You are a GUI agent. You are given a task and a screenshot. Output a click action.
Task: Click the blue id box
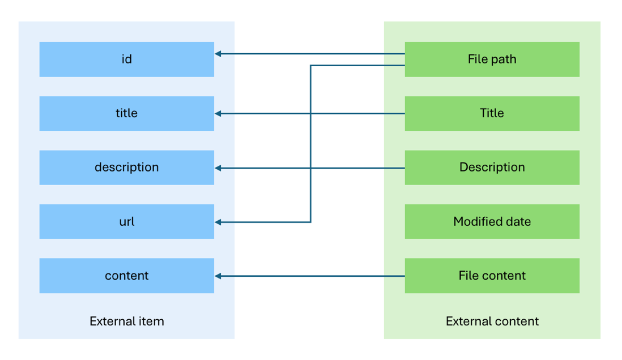pyautogui.click(x=126, y=59)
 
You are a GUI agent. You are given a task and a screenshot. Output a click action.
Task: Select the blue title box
pyautogui.click(x=126, y=113)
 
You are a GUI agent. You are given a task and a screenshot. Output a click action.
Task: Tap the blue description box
pyautogui.click(x=126, y=168)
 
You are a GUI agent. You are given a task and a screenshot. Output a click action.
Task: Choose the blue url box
pyautogui.click(x=126, y=221)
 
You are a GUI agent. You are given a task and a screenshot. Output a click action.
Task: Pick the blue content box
pyautogui.click(x=126, y=276)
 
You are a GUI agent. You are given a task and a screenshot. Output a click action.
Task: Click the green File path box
pyautogui.click(x=492, y=59)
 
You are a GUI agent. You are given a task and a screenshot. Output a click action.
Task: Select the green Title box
pyautogui.click(x=492, y=113)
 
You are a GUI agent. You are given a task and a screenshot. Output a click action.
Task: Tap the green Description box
pyautogui.click(x=492, y=168)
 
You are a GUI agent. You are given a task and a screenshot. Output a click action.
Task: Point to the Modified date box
pyautogui.click(x=492, y=221)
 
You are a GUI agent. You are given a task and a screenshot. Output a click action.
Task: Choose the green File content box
pyautogui.click(x=492, y=276)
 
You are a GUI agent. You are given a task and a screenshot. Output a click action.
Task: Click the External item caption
pyautogui.click(x=126, y=322)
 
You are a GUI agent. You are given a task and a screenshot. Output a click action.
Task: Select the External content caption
pyautogui.click(x=492, y=322)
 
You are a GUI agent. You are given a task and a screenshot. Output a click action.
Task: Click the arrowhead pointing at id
pyautogui.click(x=218, y=54)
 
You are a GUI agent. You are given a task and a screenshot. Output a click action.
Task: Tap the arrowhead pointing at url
pyautogui.click(x=218, y=222)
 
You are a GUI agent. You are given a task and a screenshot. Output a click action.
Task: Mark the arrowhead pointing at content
pyautogui.click(x=218, y=276)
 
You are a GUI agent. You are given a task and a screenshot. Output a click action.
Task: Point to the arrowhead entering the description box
pyautogui.click(x=218, y=168)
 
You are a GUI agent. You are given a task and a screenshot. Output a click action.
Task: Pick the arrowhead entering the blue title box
pyautogui.click(x=218, y=114)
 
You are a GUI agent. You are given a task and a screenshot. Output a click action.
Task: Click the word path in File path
pyautogui.click(x=503, y=59)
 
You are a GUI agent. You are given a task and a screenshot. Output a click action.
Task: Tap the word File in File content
pyautogui.click(x=468, y=276)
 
